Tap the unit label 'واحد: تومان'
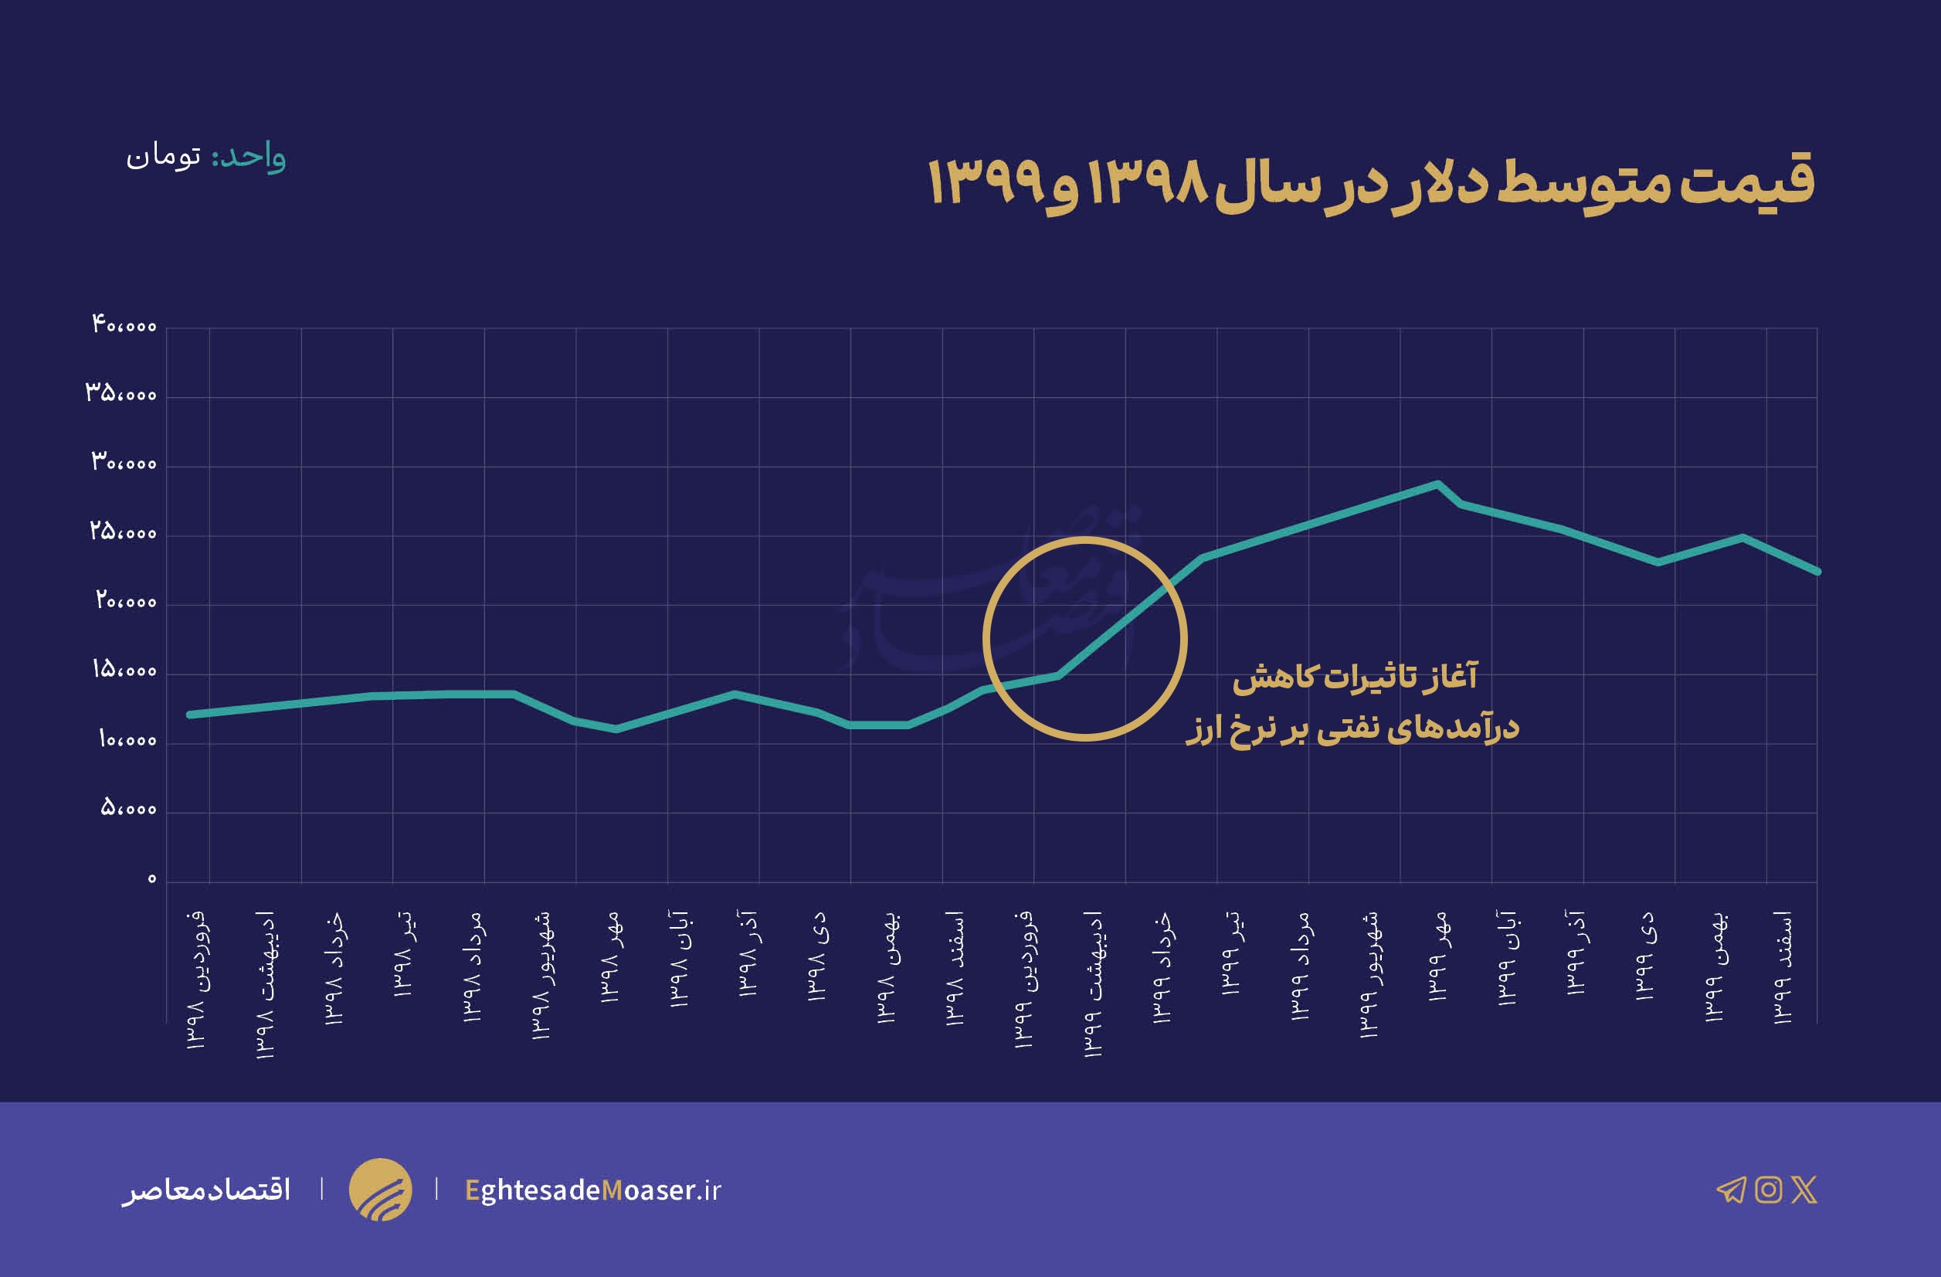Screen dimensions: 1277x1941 point(205,156)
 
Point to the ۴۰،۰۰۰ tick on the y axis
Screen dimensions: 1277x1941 point(124,325)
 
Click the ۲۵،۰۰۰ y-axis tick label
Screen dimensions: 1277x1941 point(123,532)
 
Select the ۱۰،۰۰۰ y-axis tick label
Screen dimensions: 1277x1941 point(127,740)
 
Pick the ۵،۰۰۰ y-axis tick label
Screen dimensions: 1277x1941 point(129,809)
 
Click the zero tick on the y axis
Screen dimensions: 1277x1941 point(151,879)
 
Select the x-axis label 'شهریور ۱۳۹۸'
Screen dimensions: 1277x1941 point(541,974)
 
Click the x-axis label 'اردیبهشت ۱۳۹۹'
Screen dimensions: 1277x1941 point(1093,983)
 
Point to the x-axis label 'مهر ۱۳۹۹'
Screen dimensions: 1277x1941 point(1438,956)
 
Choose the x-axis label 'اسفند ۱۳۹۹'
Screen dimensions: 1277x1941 point(1783,966)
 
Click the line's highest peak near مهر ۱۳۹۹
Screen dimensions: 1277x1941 point(1437,484)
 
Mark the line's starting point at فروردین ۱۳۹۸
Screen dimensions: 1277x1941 point(190,715)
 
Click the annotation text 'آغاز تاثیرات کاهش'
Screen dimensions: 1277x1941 point(1354,677)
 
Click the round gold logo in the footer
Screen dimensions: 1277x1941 point(380,1189)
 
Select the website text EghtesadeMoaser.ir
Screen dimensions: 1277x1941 point(593,1190)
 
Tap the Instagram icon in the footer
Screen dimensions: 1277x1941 point(1768,1190)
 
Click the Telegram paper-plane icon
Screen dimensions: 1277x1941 point(1731,1190)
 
